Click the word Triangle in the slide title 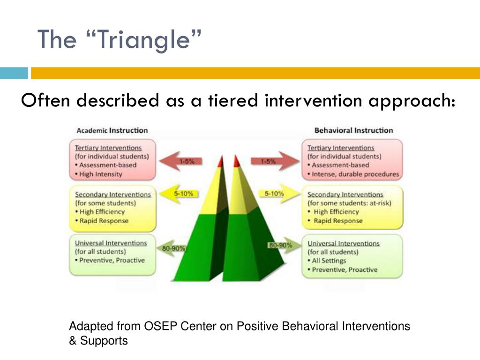[x=144, y=40]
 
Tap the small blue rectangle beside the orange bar [x=14, y=73]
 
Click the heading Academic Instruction [x=112, y=130]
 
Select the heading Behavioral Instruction [x=353, y=130]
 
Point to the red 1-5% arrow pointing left [x=180, y=161]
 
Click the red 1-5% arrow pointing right [x=275, y=161]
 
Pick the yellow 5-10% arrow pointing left [x=179, y=194]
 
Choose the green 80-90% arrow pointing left [x=172, y=248]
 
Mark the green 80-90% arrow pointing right [x=285, y=245]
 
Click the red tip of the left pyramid [x=221, y=162]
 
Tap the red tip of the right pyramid [x=236, y=162]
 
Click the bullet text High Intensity [x=101, y=174]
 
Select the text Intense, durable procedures [x=355, y=174]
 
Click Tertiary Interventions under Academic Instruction [x=108, y=148]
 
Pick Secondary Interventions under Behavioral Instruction [x=345, y=195]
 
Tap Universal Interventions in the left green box [x=111, y=243]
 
